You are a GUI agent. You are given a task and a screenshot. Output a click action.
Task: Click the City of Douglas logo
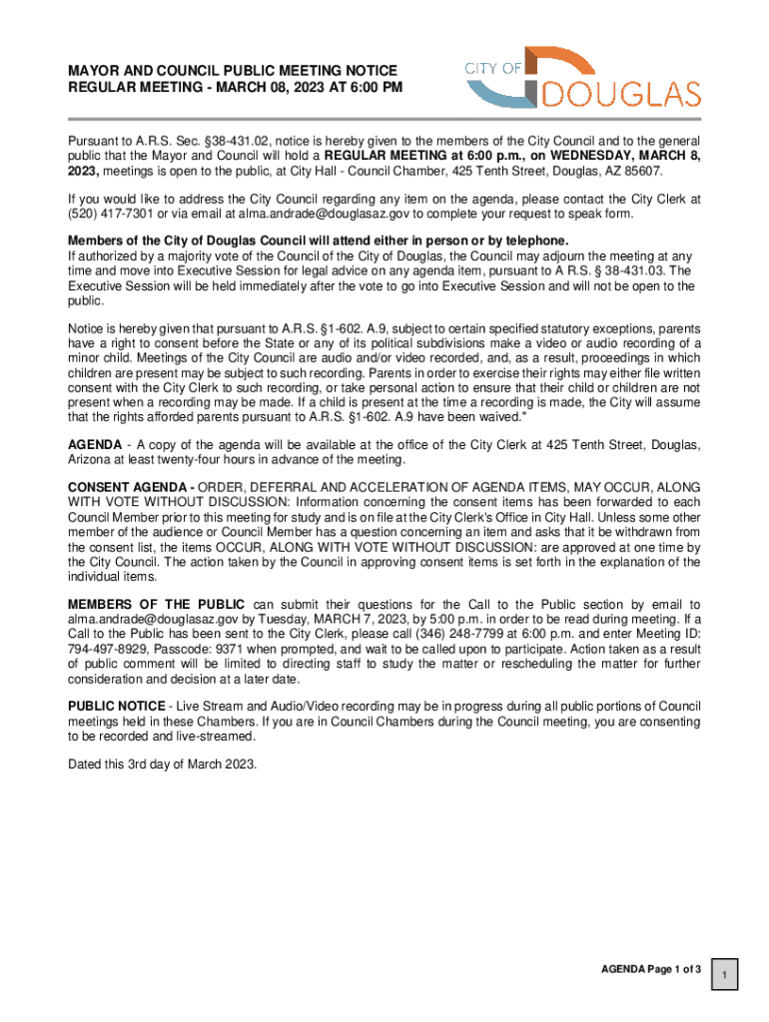582,77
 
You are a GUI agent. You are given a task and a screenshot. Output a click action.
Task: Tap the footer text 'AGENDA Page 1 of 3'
650,969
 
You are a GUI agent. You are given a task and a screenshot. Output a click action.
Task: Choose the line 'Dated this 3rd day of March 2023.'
162,765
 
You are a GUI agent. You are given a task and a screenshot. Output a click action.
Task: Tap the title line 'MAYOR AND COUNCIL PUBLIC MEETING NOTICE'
232,71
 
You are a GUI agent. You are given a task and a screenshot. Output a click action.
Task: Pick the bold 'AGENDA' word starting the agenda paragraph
95,443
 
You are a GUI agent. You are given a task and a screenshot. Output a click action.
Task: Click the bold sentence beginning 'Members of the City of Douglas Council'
318,241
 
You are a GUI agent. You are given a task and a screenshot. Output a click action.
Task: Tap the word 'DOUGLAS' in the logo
622,96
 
